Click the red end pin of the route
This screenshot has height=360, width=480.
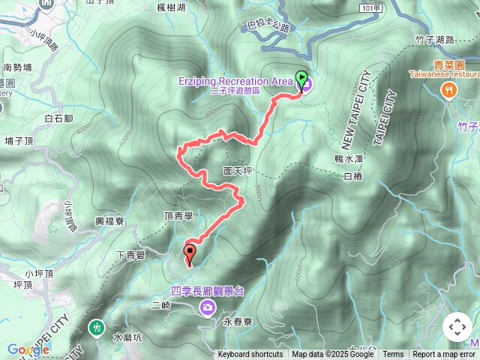pyautogui.click(x=190, y=253)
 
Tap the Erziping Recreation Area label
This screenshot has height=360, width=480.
pyautogui.click(x=234, y=81)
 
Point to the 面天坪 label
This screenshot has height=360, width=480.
pyautogui.click(x=238, y=171)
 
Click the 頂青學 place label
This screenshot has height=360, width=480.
pyautogui.click(x=178, y=216)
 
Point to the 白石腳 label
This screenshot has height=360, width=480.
pyautogui.click(x=58, y=118)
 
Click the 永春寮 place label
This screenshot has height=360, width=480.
pyautogui.click(x=238, y=321)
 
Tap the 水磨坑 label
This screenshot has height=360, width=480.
pyautogui.click(x=127, y=338)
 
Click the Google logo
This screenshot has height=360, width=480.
pyautogui.click(x=28, y=349)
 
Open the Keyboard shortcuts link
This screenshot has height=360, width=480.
pyautogui.click(x=250, y=355)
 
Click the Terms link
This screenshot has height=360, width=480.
pyautogui.click(x=393, y=355)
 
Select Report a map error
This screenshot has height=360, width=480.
pyautogui.click(x=444, y=355)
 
